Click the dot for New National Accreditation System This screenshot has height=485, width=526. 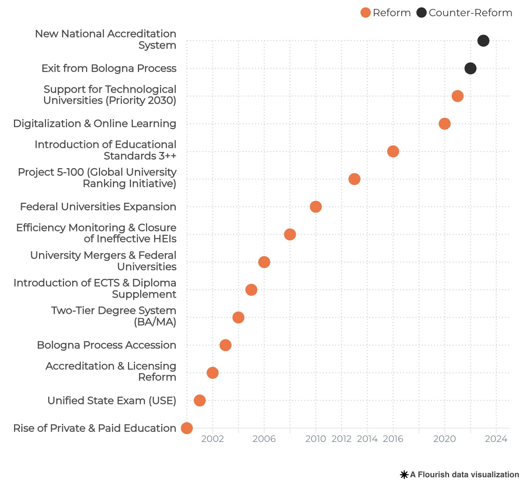point(483,40)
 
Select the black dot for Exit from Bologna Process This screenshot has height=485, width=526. point(470,68)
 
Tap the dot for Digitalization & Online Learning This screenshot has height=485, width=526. point(444,124)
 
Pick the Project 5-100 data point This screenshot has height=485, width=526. point(354,179)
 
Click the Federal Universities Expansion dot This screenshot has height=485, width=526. point(316,207)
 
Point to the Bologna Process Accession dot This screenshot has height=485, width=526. point(225,345)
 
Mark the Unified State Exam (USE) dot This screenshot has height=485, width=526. point(200,400)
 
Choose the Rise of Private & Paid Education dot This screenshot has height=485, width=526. point(187,428)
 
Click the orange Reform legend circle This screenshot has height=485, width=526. point(365,13)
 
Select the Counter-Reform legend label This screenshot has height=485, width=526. point(470,13)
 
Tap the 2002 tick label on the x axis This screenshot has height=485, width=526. point(213,439)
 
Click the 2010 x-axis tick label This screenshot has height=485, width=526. point(316,439)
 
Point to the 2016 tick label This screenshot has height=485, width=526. point(393,439)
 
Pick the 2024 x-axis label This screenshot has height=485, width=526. point(496,439)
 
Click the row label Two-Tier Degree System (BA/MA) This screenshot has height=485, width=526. point(114,316)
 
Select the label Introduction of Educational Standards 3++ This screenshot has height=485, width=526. point(106,150)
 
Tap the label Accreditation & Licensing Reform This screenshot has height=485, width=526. point(111,371)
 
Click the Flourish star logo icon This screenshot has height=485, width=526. point(404,475)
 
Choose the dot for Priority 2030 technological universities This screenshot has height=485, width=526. point(457,96)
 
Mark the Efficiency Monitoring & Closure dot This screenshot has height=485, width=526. point(290,234)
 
